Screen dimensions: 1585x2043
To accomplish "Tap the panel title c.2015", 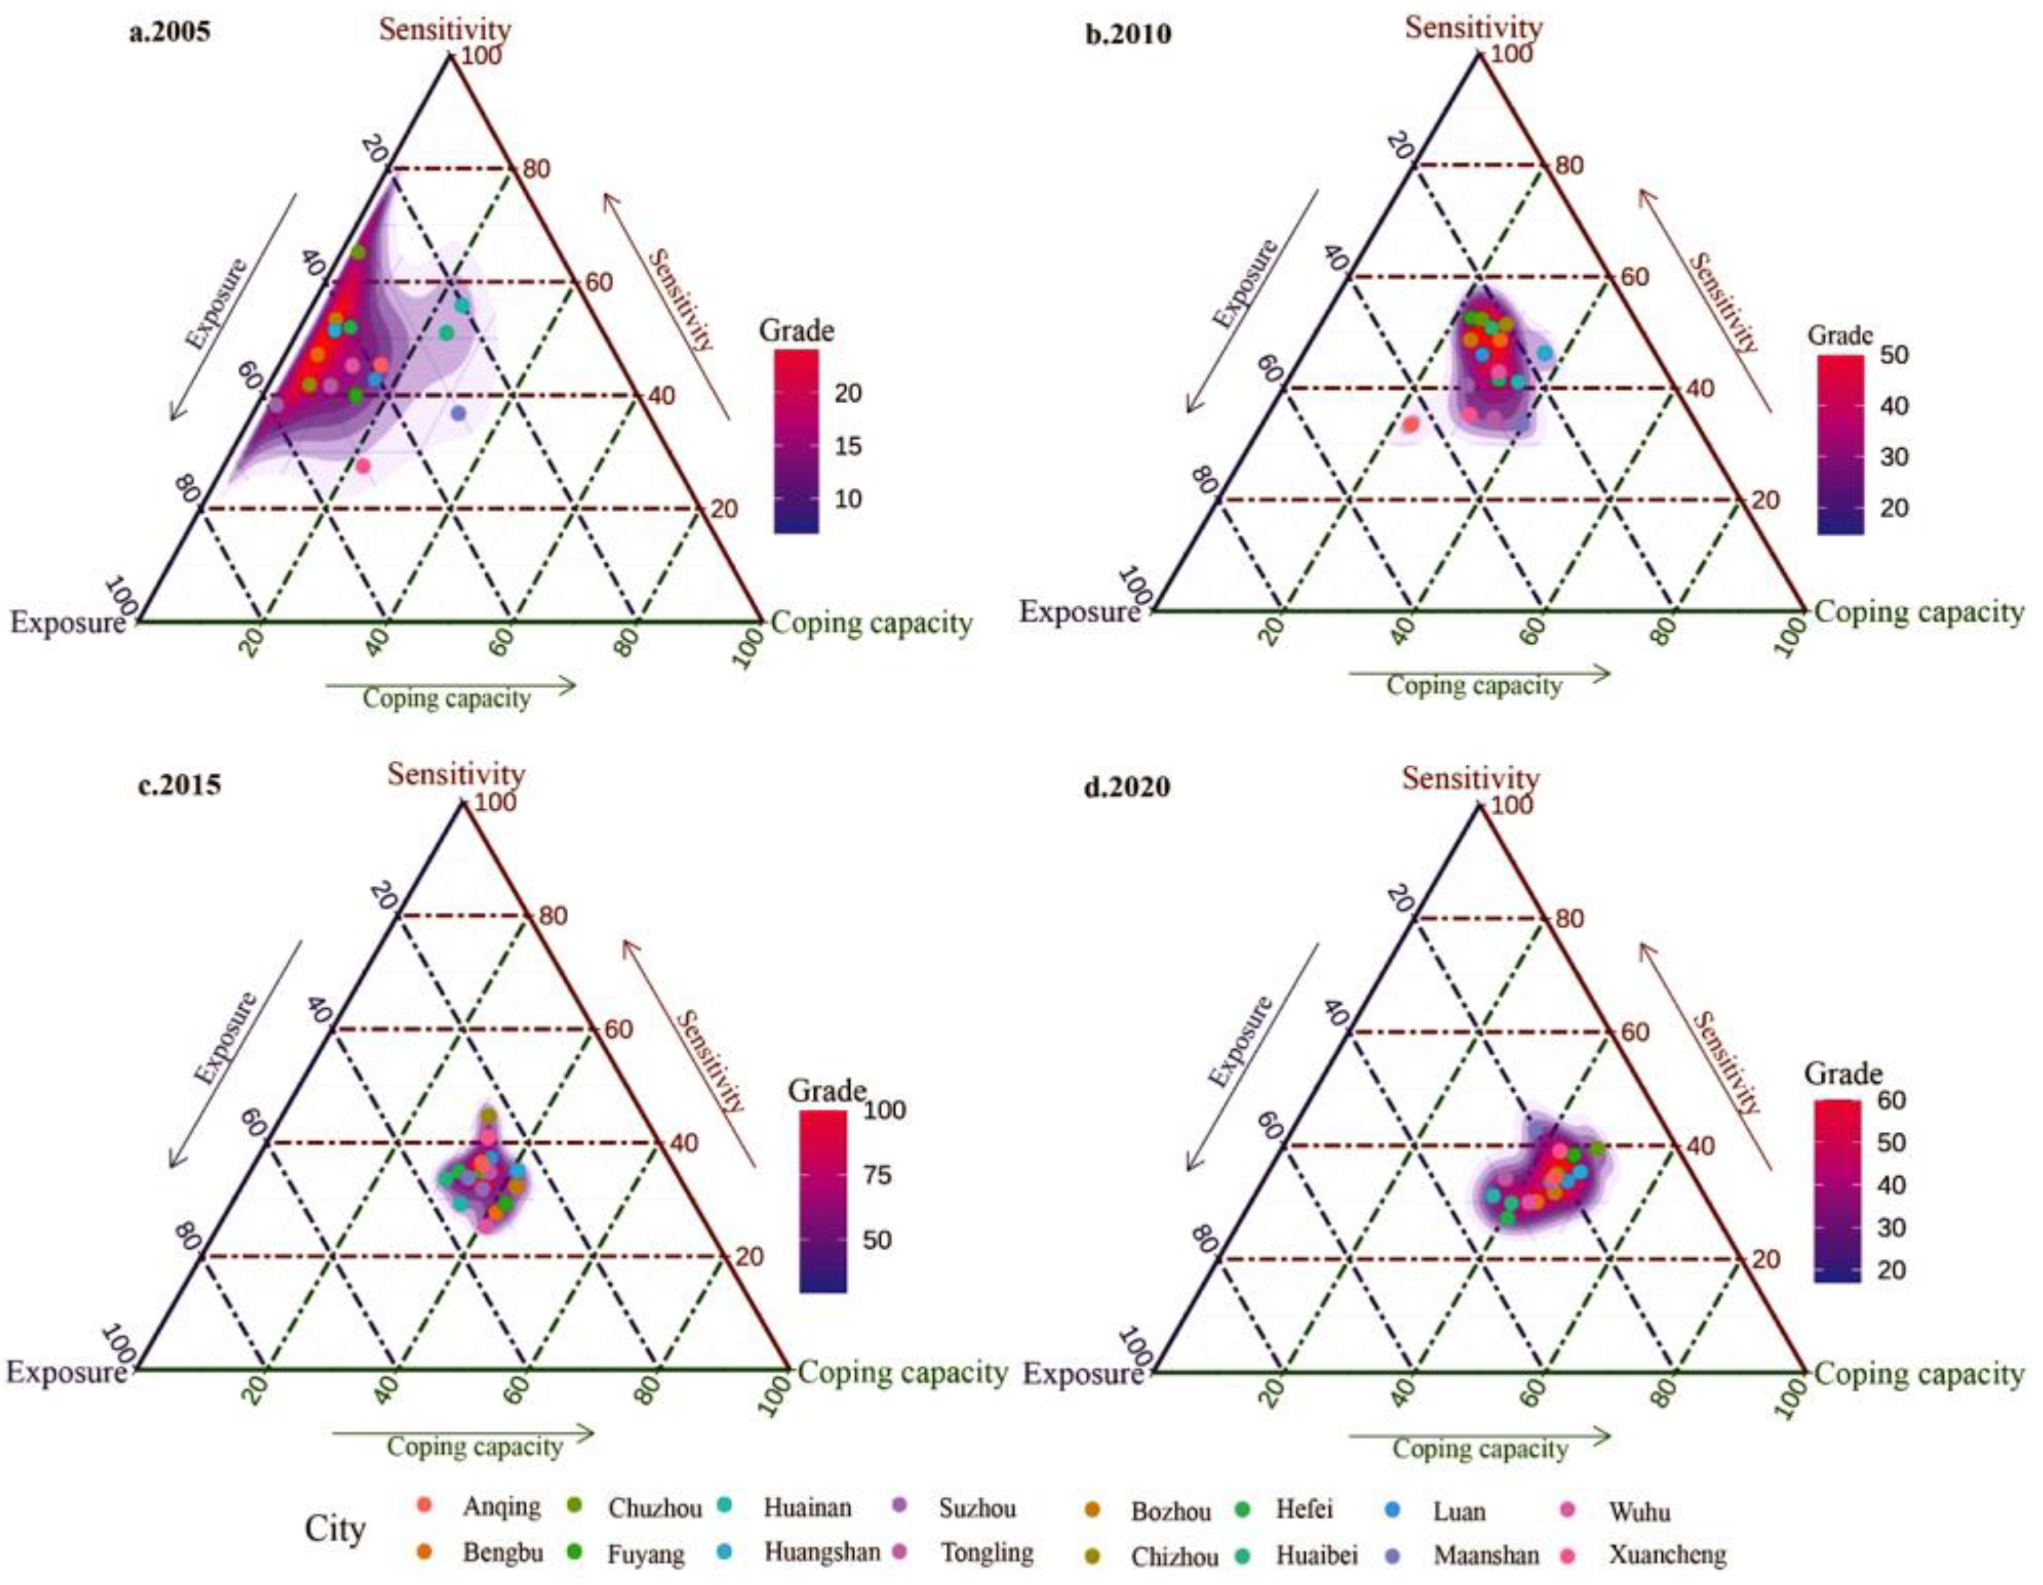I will tap(180, 784).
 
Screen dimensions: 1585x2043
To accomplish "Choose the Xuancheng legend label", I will tap(1667, 1554).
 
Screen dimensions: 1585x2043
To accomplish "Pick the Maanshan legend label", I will tap(1486, 1554).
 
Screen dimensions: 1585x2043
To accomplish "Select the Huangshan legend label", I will tap(821, 1552).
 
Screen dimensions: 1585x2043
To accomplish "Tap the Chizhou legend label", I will tap(1174, 1556).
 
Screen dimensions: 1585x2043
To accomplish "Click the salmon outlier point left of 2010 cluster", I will tap(1411, 424).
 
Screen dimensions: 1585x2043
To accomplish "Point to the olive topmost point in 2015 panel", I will tap(488, 1115).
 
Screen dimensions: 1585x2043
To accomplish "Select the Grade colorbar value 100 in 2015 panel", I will tap(884, 1110).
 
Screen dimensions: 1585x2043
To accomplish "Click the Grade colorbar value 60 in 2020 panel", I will tap(1891, 1100).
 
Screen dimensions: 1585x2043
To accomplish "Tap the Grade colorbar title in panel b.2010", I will tap(1840, 335).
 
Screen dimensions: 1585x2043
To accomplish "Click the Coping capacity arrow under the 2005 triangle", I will tap(450, 686).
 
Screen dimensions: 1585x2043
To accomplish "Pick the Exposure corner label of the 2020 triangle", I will tap(1082, 1374).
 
